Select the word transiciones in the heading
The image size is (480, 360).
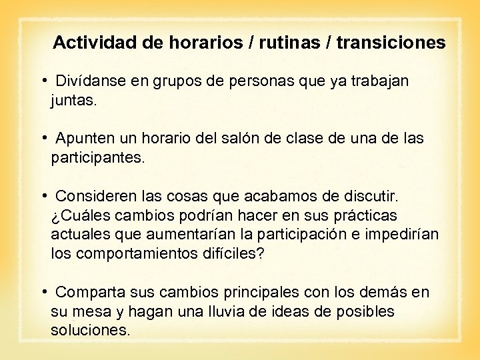click(x=391, y=43)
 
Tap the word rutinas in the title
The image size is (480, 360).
click(x=284, y=43)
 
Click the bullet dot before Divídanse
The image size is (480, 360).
click(x=43, y=81)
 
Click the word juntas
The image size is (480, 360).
click(x=73, y=102)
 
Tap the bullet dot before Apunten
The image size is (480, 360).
click(x=43, y=138)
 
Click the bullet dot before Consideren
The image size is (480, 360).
click(x=43, y=195)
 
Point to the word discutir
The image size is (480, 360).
click(x=369, y=196)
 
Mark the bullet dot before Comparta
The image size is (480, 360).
click(x=43, y=291)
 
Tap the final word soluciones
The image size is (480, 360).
click(x=90, y=331)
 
